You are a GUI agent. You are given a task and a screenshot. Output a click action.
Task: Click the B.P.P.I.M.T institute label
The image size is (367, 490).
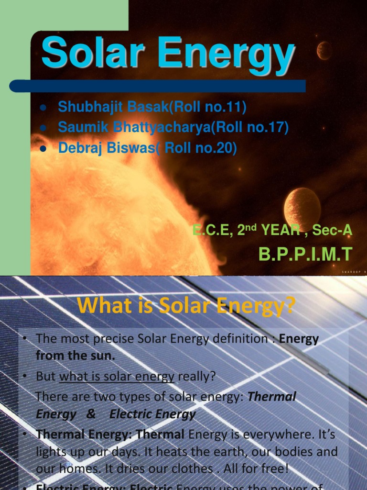pos(305,254)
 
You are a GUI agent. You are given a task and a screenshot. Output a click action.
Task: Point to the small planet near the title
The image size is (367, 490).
pos(324,50)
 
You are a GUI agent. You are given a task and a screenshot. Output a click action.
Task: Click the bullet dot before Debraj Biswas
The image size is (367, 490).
pos(43,148)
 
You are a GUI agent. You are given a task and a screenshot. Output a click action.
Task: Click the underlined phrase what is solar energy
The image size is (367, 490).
pos(117,377)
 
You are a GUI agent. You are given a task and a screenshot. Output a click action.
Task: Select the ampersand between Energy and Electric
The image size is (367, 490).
pos(91,414)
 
